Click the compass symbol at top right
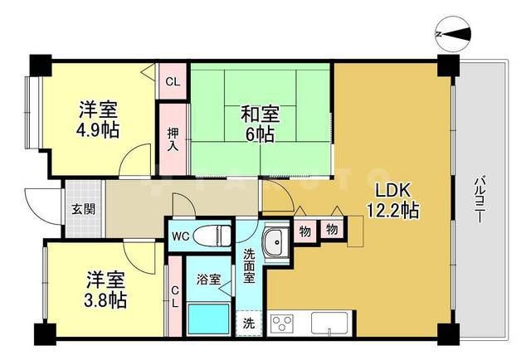(453, 34)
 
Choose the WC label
(180, 236)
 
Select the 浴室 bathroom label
(208, 280)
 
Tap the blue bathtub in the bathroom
(207, 319)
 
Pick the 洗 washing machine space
(250, 323)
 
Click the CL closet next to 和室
(173, 81)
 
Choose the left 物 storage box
(304, 231)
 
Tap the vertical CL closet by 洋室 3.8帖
(174, 295)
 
